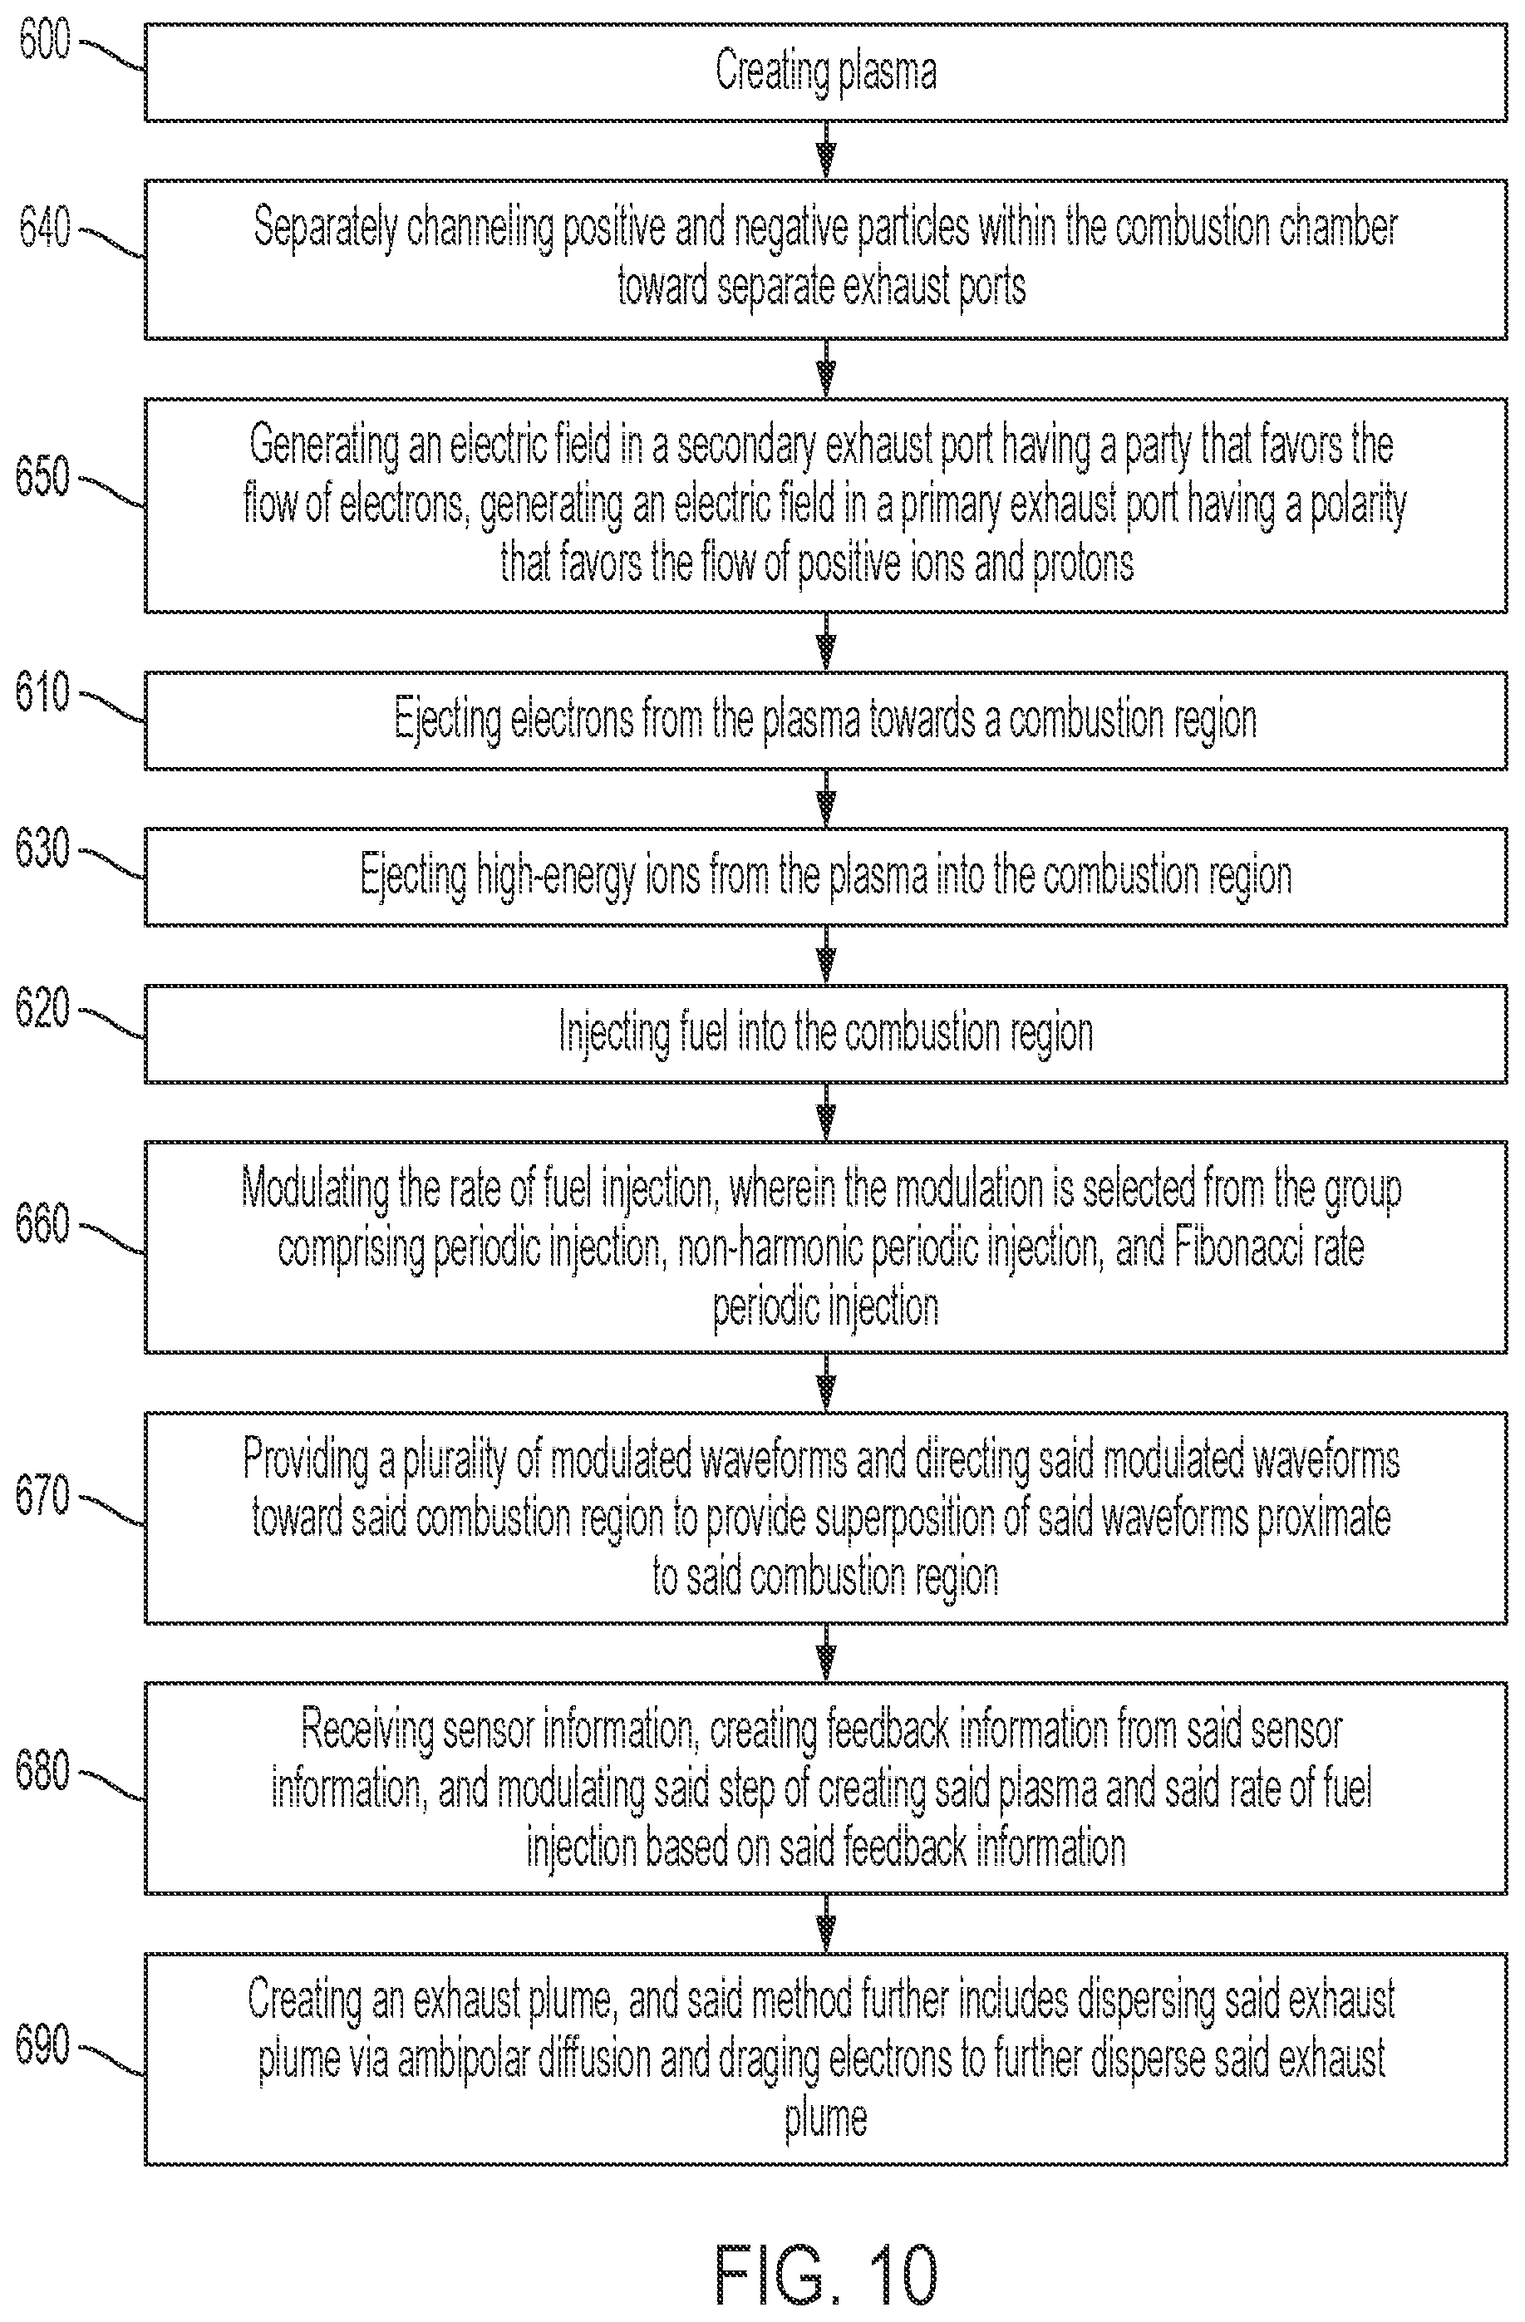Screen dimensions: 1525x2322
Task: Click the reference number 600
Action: [x=45, y=40]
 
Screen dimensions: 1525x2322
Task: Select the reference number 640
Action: [x=45, y=229]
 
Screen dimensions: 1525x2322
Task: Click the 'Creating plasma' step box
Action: [x=825, y=72]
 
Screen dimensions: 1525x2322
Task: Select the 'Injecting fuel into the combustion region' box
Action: [x=825, y=1034]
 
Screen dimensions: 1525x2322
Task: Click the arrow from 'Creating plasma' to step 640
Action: [x=825, y=150]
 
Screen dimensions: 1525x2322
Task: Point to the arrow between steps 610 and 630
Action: [x=825, y=798]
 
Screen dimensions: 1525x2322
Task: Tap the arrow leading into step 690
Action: [x=825, y=1924]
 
